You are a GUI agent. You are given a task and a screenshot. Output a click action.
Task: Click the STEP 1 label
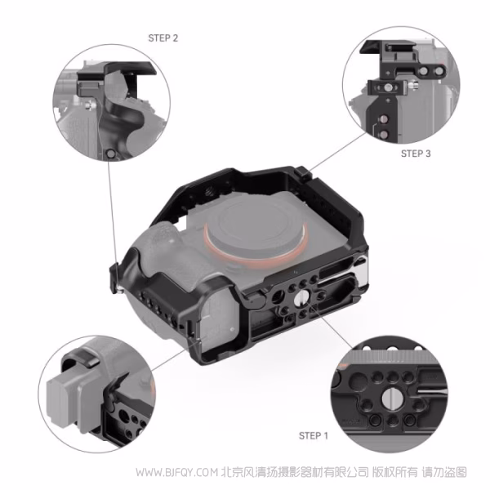[313, 435]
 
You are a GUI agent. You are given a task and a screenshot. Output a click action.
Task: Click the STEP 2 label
[163, 38]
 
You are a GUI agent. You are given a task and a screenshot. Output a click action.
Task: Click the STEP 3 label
[416, 153]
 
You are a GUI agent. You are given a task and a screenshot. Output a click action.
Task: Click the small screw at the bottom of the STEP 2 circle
[110, 154]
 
